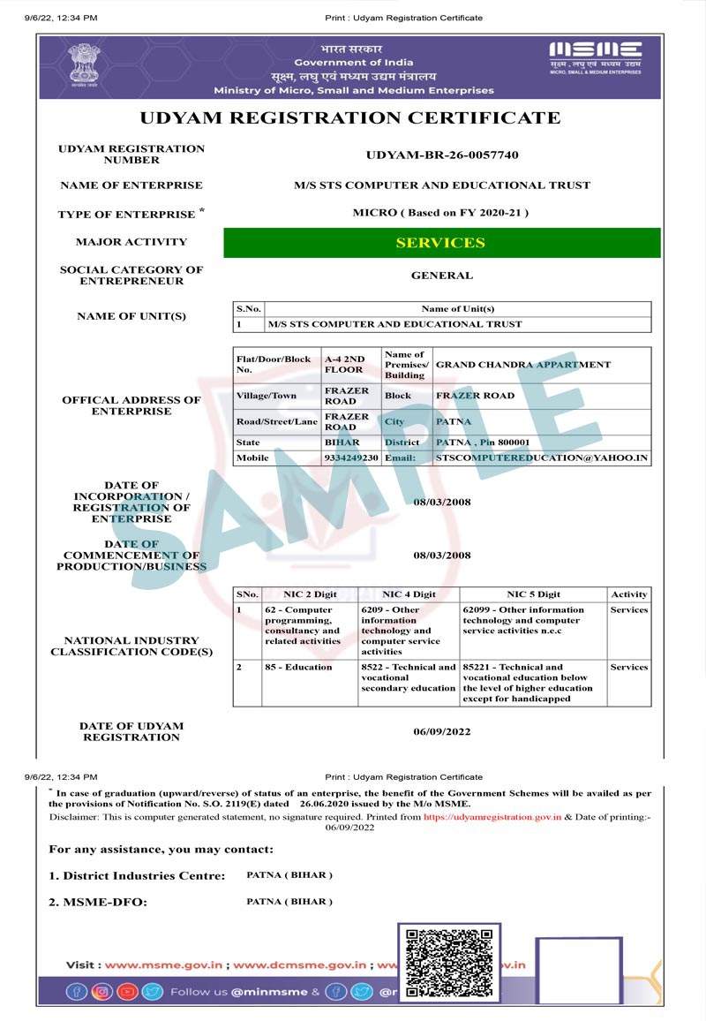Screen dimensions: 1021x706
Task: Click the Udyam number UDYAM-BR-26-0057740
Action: pos(442,155)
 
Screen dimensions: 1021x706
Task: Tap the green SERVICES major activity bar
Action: pos(441,243)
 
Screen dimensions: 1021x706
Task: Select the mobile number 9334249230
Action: pos(351,458)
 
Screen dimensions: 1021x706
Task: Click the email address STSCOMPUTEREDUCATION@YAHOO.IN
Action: pos(542,458)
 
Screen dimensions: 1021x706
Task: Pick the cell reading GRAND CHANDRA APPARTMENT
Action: pos(523,365)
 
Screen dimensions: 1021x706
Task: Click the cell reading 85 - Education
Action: pos(298,668)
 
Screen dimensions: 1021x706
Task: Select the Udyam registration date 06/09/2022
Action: pos(442,732)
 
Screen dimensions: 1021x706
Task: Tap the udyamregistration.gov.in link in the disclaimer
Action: pos(492,818)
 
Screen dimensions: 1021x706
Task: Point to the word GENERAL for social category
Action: pos(442,276)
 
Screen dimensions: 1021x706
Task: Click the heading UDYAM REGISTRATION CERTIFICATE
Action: pos(350,118)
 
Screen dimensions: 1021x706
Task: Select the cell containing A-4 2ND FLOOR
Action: pos(344,365)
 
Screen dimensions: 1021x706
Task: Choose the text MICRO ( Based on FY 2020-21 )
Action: pos(441,213)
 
